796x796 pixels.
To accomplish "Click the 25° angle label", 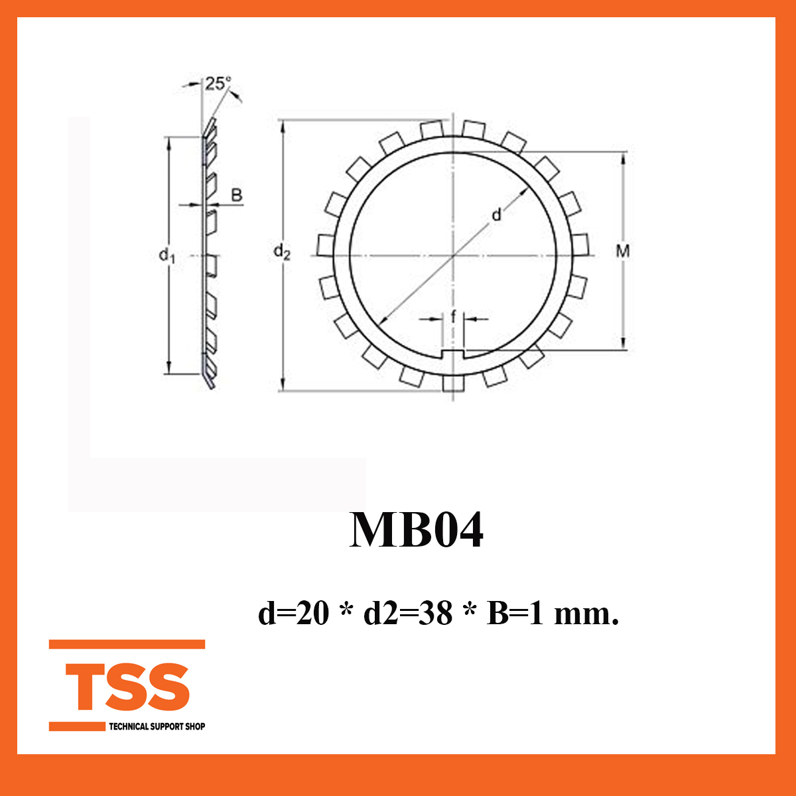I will pos(218,84).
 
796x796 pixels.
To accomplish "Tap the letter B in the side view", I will pos(236,196).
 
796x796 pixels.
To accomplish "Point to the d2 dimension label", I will pos(282,251).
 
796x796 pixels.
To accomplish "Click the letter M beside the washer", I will pos(622,251).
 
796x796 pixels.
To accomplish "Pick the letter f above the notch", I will pos(454,317).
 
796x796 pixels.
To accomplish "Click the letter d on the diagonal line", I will pos(496,215).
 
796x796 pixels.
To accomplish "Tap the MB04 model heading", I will pos(417,530).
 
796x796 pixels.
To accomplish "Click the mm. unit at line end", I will pos(586,614).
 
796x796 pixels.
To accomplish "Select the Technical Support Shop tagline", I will pos(157,726).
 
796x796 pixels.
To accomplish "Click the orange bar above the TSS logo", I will pos(127,644).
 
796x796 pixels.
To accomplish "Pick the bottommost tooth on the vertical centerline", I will pos(453,383).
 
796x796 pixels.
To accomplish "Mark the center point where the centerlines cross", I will pos(454,255).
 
